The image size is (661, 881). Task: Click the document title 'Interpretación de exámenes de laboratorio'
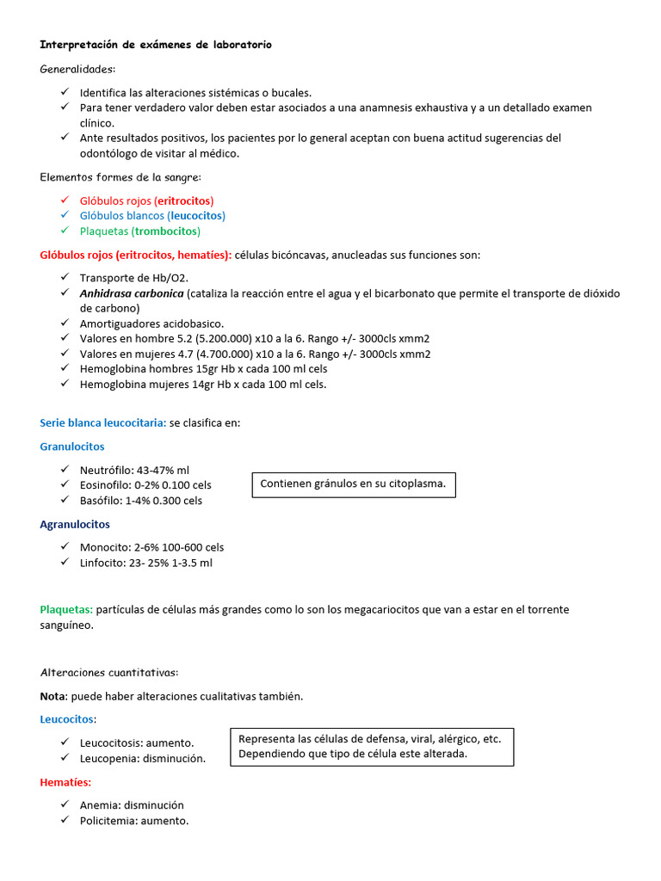156,45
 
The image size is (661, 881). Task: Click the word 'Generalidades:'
77,69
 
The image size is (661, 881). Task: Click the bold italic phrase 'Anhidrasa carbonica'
132,293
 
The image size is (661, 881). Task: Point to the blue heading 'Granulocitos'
72,447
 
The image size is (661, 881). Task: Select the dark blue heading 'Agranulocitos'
75,524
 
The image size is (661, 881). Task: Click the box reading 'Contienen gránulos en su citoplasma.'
353,484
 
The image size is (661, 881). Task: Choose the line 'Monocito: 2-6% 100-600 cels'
151,547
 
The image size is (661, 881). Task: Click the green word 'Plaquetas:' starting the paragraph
66,609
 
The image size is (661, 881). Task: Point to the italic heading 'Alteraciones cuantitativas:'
109,672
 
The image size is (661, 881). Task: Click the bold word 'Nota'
53,695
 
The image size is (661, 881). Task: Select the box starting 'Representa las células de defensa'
371,746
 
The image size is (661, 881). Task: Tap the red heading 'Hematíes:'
65,782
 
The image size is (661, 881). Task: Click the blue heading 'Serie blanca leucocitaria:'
102,423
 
